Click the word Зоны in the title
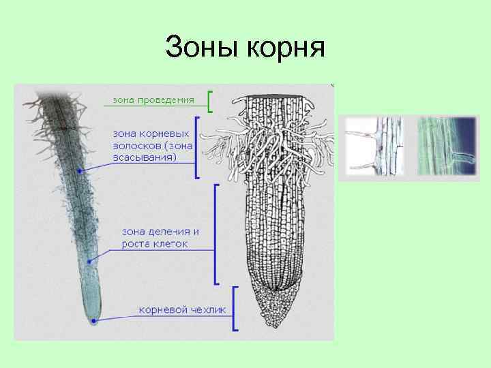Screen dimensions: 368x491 197,48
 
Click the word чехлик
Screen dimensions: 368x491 209,309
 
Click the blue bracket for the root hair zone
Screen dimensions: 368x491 197,147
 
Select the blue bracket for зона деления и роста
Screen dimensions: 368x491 216,233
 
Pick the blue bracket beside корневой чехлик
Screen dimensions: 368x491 234,309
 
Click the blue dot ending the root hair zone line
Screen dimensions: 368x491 80,172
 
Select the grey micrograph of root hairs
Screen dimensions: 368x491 375,147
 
